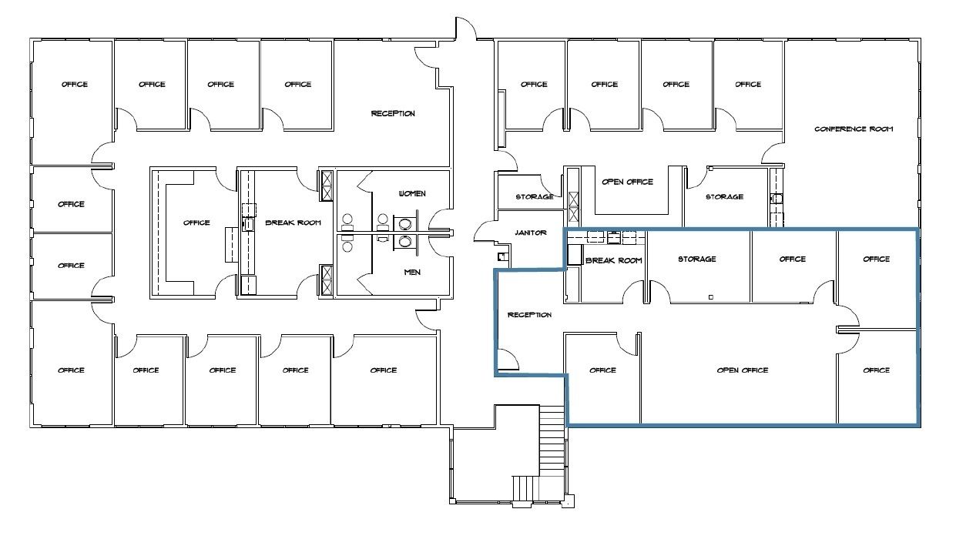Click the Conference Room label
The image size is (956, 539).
[854, 129]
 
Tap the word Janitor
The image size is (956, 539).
[531, 233]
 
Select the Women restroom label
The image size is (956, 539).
[412, 194]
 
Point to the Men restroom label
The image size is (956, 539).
[412, 273]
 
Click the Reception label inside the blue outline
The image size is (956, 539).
[529, 315]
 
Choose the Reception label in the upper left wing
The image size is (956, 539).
[393, 113]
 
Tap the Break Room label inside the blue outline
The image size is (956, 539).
[614, 260]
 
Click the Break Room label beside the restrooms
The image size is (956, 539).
[293, 223]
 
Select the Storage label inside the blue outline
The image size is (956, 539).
[697, 259]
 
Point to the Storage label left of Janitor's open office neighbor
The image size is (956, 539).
[535, 197]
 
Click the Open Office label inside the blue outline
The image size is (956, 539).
[743, 370]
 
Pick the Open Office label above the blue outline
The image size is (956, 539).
[627, 182]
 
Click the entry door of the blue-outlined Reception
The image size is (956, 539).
[508, 359]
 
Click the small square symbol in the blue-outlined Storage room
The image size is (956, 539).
[710, 297]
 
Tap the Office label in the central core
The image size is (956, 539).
[196, 223]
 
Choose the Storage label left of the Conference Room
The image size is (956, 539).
[724, 197]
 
